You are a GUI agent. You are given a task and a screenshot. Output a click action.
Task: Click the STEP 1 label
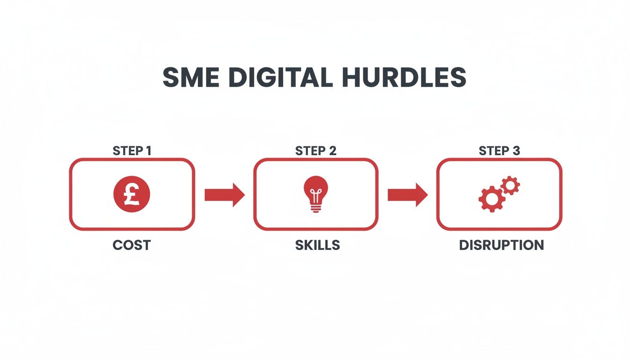pyautogui.click(x=132, y=151)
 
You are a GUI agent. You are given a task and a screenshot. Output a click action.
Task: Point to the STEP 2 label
pyautogui.click(x=315, y=151)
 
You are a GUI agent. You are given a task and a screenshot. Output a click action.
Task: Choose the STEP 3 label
pyautogui.click(x=499, y=151)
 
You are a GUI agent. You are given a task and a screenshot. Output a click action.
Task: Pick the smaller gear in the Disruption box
pyautogui.click(x=510, y=186)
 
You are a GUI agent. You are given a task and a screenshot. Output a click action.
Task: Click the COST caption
pyautogui.click(x=132, y=245)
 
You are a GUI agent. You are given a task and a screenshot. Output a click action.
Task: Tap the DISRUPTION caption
pyautogui.click(x=502, y=245)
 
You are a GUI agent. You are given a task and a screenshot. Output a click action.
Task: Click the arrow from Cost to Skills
pyautogui.click(x=225, y=195)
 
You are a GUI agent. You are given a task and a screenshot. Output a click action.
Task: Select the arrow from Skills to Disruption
pyautogui.click(x=407, y=195)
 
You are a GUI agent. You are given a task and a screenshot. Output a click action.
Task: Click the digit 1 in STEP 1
pyautogui.click(x=149, y=151)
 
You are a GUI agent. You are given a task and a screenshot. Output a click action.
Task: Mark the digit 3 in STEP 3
pyautogui.click(x=517, y=151)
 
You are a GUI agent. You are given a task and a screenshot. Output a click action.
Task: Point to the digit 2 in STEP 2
pyautogui.click(x=333, y=151)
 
